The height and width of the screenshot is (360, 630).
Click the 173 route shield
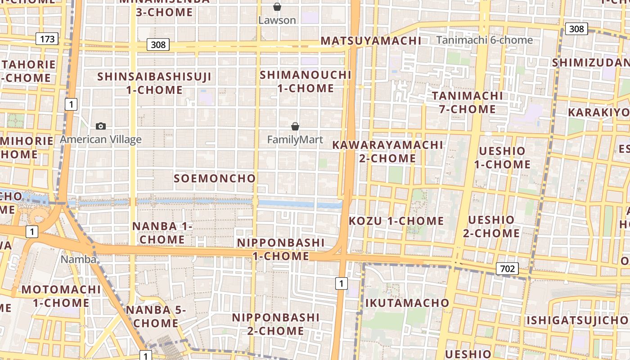click(47, 39)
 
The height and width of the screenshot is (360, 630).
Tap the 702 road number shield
click(507, 269)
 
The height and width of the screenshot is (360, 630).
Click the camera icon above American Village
click(101, 126)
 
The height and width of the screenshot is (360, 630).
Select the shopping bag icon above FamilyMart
click(295, 126)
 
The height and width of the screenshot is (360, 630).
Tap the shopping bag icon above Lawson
click(277, 7)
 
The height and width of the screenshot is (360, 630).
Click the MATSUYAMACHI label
click(371, 41)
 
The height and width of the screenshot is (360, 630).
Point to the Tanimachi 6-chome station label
click(484, 40)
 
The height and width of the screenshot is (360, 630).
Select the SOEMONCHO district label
click(215, 179)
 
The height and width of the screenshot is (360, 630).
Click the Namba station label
click(78, 260)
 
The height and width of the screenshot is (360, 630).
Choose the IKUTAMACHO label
click(407, 303)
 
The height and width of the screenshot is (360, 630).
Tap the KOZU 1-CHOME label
click(396, 221)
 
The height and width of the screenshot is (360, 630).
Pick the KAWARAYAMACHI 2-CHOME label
click(387, 152)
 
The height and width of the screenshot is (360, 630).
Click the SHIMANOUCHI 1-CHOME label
click(306, 81)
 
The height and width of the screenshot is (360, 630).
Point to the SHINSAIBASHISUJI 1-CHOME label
click(154, 83)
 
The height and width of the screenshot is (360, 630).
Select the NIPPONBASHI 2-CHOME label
click(275, 324)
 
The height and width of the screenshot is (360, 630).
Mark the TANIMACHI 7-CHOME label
click(467, 103)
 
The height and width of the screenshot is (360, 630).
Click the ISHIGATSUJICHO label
click(578, 320)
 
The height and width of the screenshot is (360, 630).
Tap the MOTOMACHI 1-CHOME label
click(61, 296)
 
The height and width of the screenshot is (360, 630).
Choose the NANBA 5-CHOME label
click(156, 316)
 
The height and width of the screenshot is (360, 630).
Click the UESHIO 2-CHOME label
click(491, 226)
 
